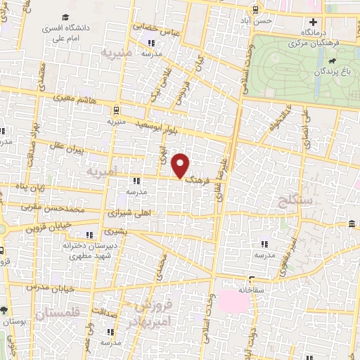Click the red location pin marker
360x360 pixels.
(182, 166)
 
